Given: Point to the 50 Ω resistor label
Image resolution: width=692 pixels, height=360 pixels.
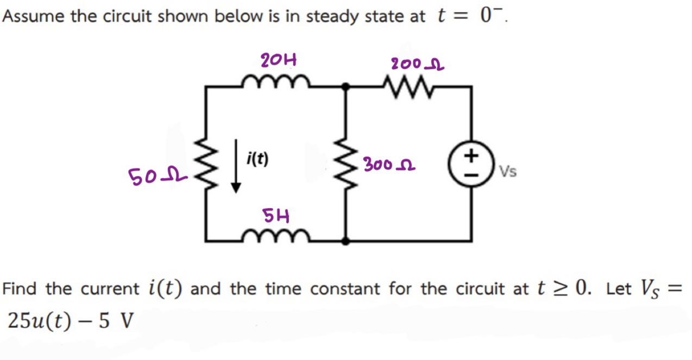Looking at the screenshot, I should [147, 175].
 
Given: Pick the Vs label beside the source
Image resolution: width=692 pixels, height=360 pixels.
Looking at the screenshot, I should [508, 172].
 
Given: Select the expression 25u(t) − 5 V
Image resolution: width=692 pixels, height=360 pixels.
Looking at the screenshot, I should [70, 322].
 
